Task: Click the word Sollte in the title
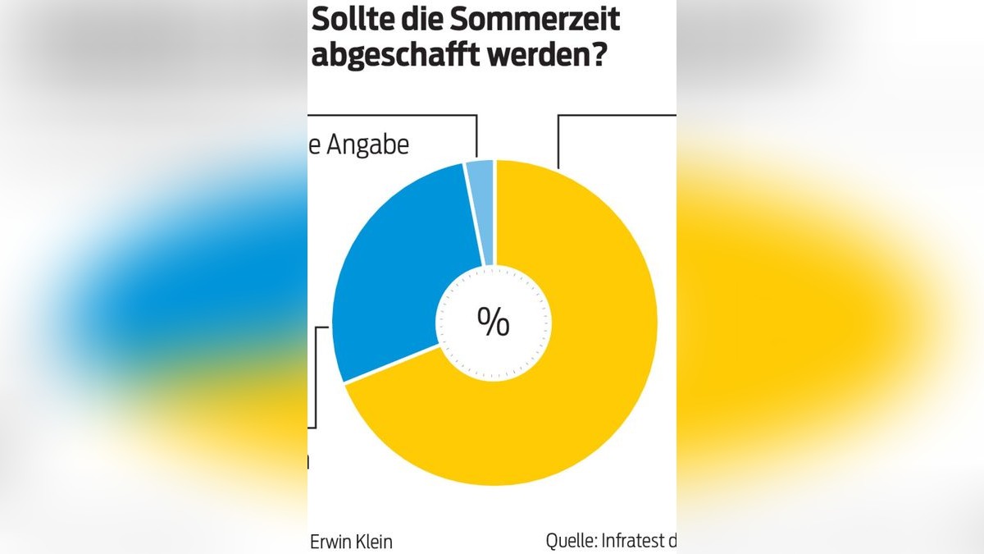[349, 20]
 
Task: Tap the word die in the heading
[418, 20]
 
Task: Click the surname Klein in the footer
[375, 542]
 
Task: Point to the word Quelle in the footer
[571, 542]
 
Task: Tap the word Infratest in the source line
[631, 542]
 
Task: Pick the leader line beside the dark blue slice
[317, 378]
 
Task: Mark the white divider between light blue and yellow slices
[495, 213]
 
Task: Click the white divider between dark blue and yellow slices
[389, 364]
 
